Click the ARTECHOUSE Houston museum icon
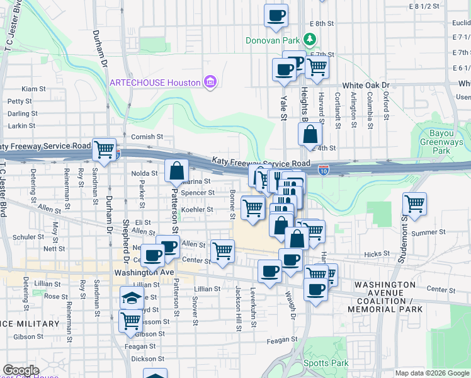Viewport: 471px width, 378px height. [210, 83]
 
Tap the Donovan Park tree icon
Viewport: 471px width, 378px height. [310, 41]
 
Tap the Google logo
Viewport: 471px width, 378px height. [21, 370]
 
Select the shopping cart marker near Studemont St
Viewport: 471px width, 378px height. [414, 204]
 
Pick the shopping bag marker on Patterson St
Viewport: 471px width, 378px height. [178, 169]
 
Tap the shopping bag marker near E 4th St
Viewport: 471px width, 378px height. [310, 134]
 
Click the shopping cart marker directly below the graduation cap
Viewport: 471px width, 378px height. [130, 319]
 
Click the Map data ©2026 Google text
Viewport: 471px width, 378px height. [432, 373]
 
